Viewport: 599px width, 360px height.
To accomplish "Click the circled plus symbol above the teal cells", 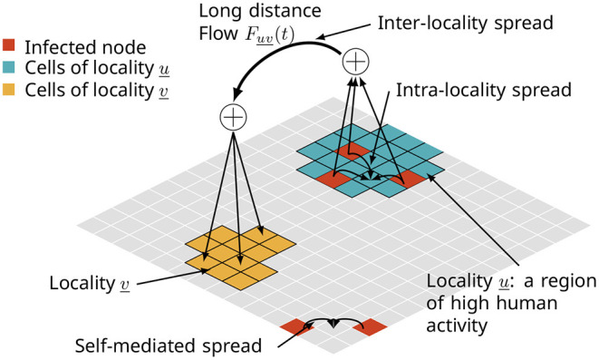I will (x=356, y=62).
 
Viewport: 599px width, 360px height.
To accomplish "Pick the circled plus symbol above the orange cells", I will (x=234, y=116).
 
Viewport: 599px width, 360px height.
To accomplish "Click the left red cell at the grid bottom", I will (x=297, y=324).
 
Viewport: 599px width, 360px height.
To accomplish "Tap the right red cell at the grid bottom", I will (x=369, y=324).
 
